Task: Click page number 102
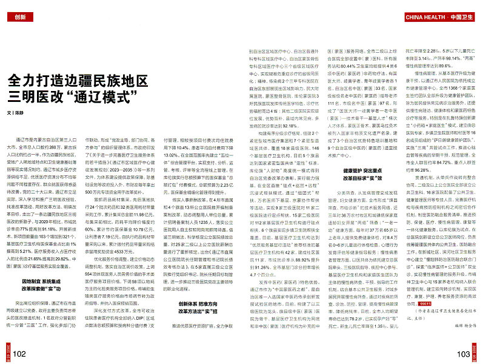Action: [x=17, y=353]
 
